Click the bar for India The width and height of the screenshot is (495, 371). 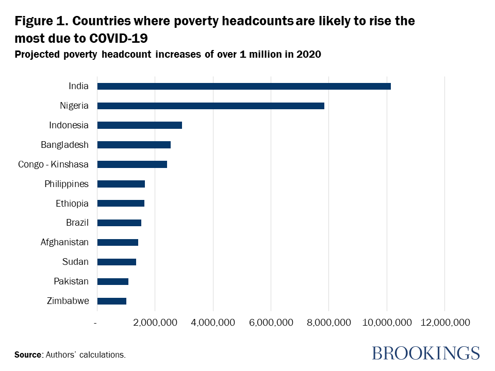pos(244,86)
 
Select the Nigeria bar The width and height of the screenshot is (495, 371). pos(210,106)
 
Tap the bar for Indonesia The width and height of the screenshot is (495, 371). pos(139,125)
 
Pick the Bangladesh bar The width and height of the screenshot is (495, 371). pos(134,145)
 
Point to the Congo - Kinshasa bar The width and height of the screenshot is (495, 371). pos(132,164)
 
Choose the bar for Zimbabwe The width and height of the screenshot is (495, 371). pos(111,301)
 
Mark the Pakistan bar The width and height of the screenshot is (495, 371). pos(112,281)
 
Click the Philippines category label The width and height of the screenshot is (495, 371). pos(67,184)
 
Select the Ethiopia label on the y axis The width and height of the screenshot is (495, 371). pos(72,204)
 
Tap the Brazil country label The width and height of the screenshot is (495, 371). pos(77,223)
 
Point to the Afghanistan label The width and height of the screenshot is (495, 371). pos(64,242)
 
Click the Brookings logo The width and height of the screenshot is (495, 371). pos(425,353)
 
